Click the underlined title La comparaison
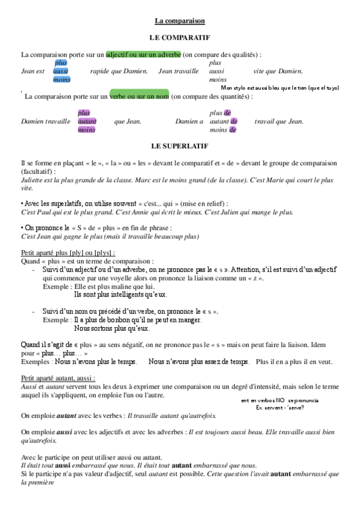click(180, 21)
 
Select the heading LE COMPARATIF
click(180, 37)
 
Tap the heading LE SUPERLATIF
click(180, 146)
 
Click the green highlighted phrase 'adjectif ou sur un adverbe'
click(143, 54)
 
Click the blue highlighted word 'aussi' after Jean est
click(60, 71)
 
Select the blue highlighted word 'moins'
click(61, 79)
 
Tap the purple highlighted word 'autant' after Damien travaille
click(87, 121)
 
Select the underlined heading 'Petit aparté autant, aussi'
click(58, 378)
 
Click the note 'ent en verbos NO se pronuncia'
click(271, 400)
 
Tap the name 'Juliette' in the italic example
click(33, 179)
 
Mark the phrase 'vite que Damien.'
click(278, 71)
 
